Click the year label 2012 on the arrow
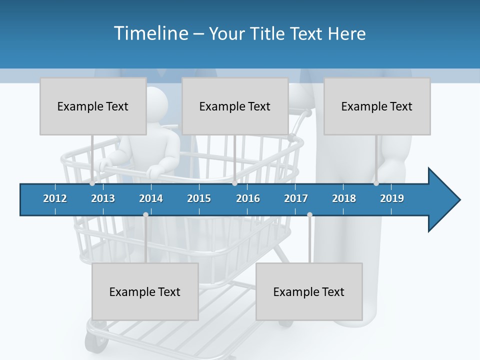tap(55, 198)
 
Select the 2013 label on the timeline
tap(103, 198)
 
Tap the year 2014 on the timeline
tap(151, 198)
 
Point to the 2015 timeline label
tap(199, 198)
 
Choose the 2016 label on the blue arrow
tap(248, 198)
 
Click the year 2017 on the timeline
tap(296, 198)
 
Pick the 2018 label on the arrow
tap(344, 198)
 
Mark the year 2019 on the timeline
tap(392, 198)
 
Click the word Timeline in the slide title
tap(150, 33)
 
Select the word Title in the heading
tap(267, 34)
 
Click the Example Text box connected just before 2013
tap(93, 106)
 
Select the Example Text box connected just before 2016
tap(235, 106)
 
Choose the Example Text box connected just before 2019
tap(377, 106)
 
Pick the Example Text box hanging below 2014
tap(145, 291)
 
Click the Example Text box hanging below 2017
tap(309, 291)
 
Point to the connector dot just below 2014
tap(145, 214)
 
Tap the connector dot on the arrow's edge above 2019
tap(376, 183)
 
